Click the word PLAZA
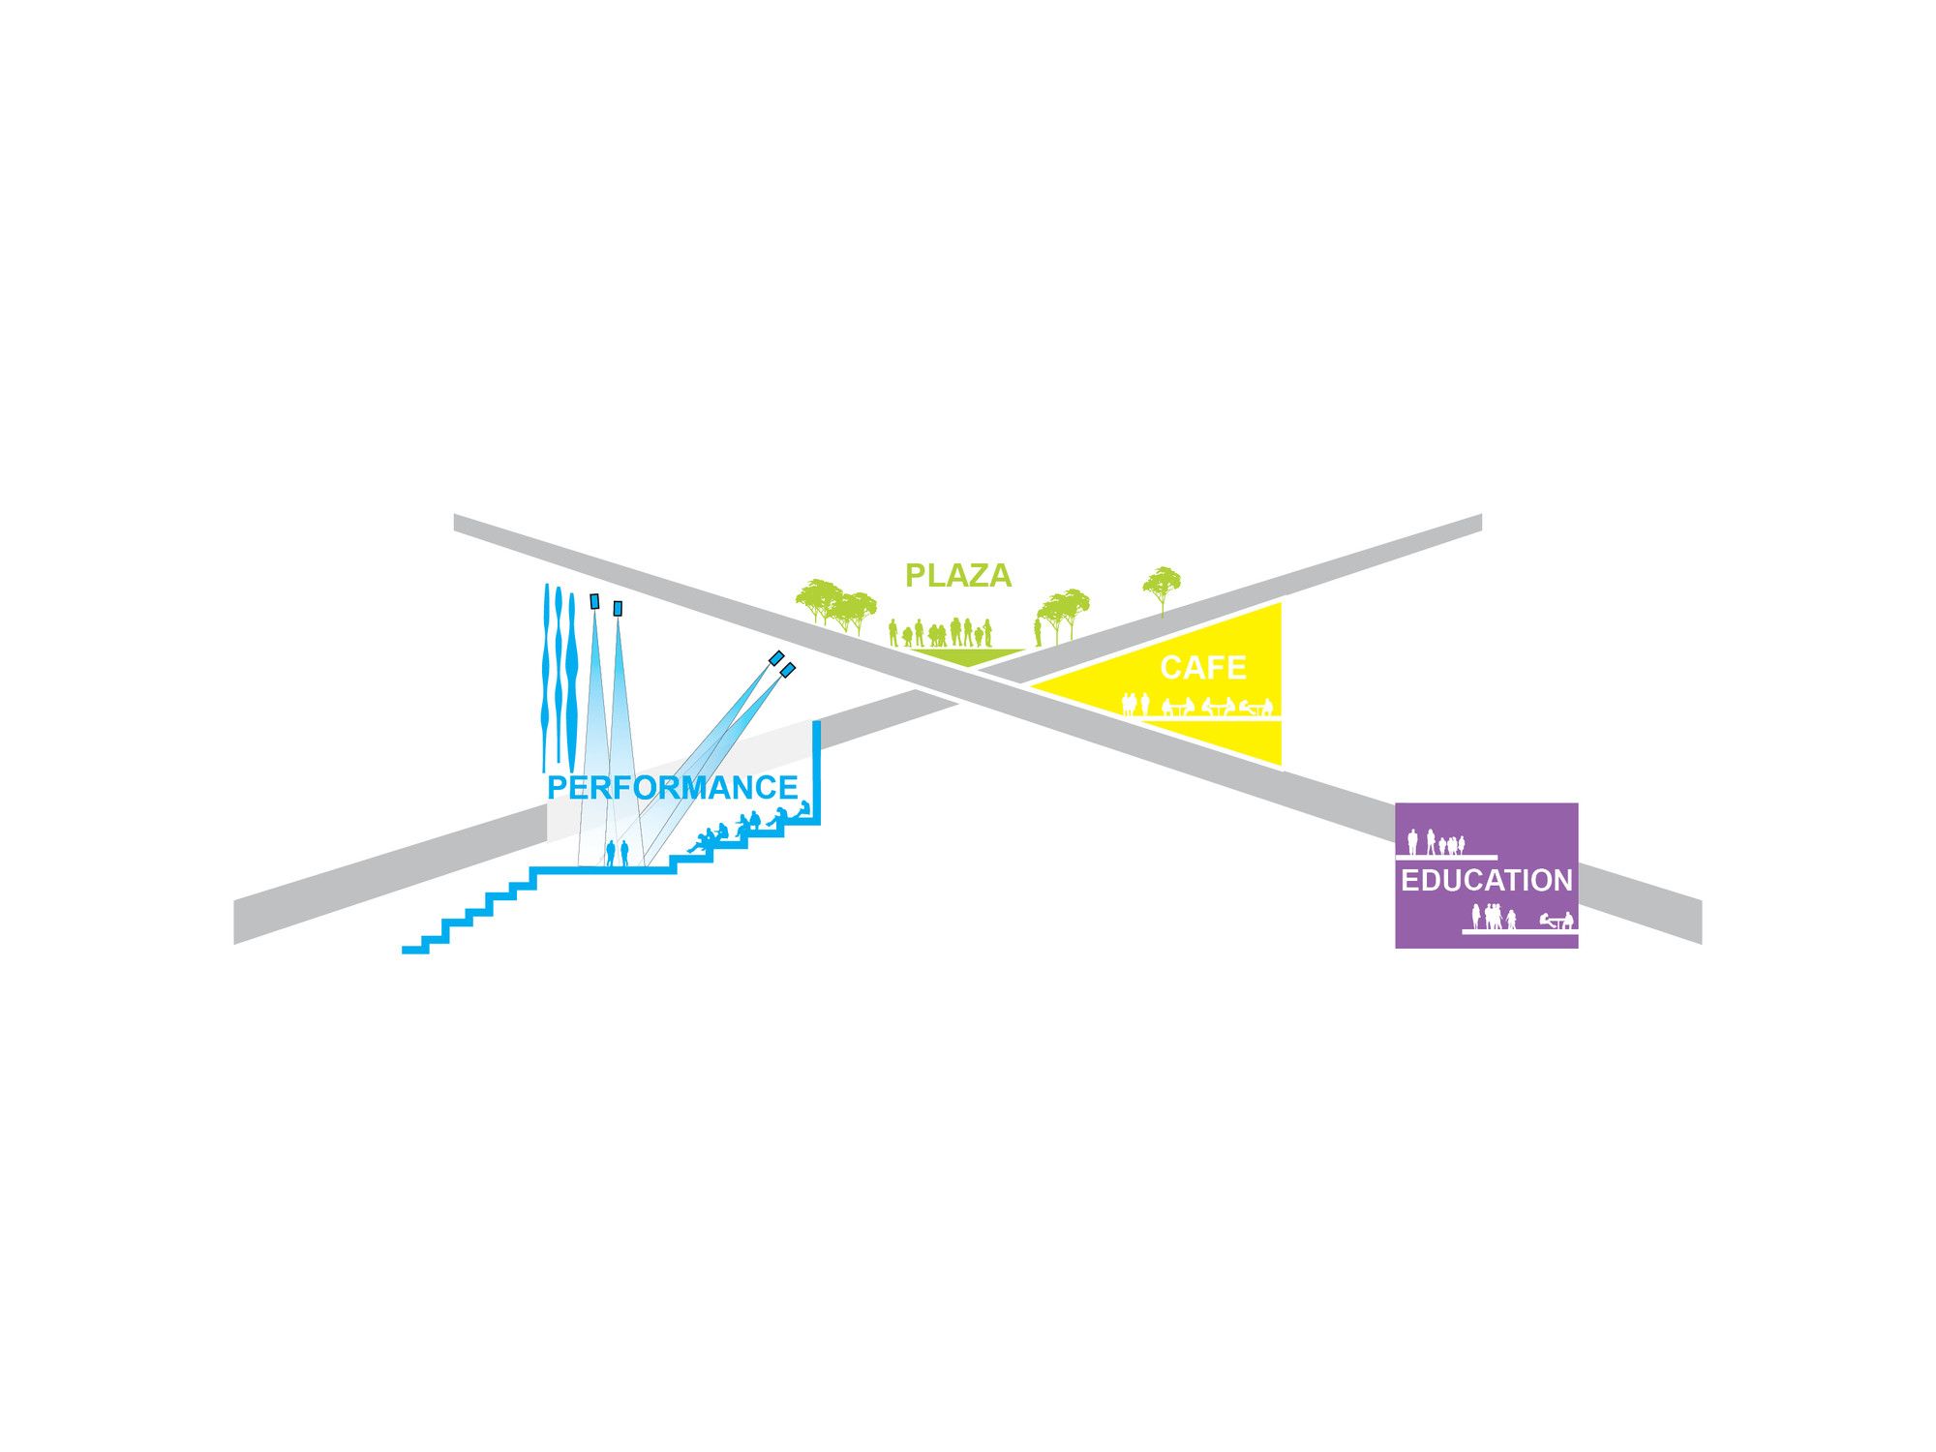tap(958, 576)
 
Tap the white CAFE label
tap(1203, 668)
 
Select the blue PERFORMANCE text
tap(673, 788)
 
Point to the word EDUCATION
tap(1487, 881)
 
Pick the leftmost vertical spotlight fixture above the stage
tap(594, 601)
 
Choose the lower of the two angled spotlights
tap(788, 670)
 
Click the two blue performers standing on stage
tap(618, 854)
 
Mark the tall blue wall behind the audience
tap(817, 772)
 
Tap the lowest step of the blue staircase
tap(415, 950)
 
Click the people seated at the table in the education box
tap(1558, 921)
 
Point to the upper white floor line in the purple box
tap(1446, 857)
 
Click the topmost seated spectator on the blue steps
tap(803, 809)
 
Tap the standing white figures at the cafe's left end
tap(1134, 704)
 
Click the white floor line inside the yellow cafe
tap(1212, 718)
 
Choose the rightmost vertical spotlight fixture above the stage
tap(618, 609)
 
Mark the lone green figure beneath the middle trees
tap(1038, 633)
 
